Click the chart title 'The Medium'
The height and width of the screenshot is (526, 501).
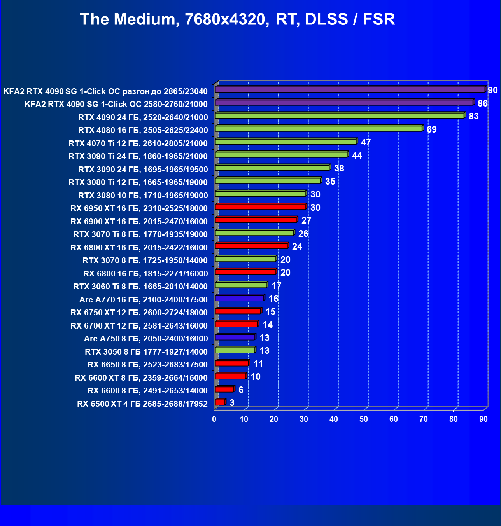[237, 19]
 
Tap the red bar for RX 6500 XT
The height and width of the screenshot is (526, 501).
[220, 402]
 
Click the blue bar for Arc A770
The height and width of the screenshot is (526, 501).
[239, 298]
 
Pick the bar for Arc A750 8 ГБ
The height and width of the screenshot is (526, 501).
[235, 337]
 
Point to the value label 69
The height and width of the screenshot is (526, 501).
[432, 129]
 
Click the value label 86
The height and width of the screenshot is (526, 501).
[483, 103]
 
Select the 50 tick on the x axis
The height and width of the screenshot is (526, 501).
[364, 419]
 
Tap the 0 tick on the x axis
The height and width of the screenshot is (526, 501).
[214, 419]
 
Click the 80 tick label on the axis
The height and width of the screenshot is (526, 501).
[454, 419]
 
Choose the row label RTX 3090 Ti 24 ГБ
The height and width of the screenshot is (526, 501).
[138, 156]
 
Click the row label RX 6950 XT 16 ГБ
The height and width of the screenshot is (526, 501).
[139, 208]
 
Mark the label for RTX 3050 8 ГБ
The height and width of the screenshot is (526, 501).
[146, 352]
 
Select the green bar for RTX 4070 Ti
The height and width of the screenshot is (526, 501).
[286, 142]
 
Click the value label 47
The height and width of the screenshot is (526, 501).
[366, 142]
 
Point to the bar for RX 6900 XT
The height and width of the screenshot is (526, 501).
[256, 220]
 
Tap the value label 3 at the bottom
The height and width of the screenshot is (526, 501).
[232, 403]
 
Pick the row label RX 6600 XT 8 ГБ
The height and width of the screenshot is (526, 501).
[141, 378]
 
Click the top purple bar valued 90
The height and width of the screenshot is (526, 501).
[350, 89]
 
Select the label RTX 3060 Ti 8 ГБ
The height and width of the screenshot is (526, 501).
[140, 287]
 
